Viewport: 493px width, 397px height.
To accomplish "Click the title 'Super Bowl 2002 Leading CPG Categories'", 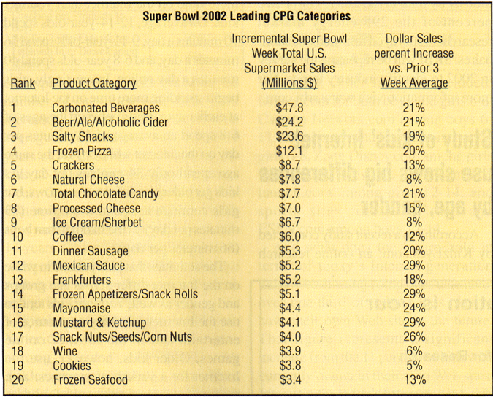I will (x=246, y=15).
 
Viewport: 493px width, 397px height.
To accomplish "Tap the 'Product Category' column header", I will (x=94, y=83).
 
